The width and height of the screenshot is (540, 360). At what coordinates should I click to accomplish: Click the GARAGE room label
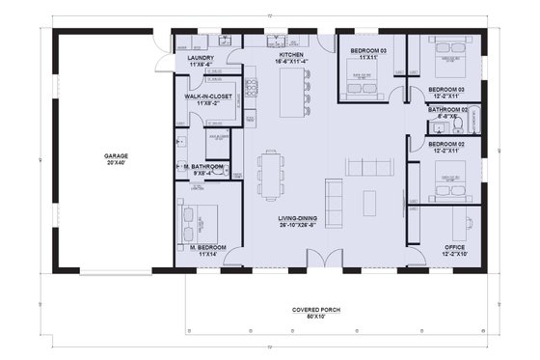tap(117, 154)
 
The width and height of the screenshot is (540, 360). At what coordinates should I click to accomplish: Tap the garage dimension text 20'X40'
tap(117, 163)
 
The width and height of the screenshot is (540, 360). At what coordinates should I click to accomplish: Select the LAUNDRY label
tap(200, 58)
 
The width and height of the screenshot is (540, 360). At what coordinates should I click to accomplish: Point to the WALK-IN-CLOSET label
tap(210, 97)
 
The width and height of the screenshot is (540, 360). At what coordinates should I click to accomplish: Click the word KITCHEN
tap(291, 56)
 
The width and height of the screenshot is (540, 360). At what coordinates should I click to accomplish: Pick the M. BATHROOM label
tap(203, 167)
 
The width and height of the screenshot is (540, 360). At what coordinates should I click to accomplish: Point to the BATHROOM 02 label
tap(448, 109)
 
